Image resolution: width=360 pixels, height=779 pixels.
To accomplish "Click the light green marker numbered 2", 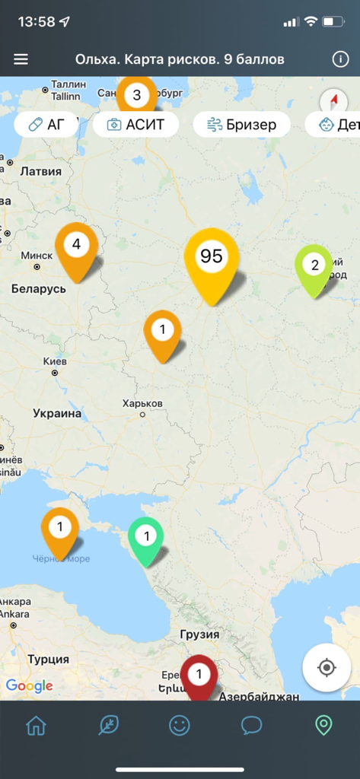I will pos(314,268).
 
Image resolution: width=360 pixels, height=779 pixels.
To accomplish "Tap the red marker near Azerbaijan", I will pos(199,676).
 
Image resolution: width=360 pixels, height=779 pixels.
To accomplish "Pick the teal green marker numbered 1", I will pos(146,539).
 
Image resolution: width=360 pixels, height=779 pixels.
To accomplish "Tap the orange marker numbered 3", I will pos(137,96).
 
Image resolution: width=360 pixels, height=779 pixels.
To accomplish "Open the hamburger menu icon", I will pos(21,59).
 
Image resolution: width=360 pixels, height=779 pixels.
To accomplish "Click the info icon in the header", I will pos(340,59).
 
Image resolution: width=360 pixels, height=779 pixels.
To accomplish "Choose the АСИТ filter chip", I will pos(135,125).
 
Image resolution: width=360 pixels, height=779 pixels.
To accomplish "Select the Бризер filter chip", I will pos(241,125).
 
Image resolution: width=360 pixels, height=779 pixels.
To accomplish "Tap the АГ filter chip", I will pos(46,125).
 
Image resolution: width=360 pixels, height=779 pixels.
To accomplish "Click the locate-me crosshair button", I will pos(327,668).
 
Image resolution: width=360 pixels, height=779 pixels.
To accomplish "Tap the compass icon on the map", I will pos(333,100).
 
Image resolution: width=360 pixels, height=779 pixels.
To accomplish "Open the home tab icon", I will pos(36,725).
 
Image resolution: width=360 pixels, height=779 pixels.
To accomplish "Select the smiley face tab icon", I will pos(180,725).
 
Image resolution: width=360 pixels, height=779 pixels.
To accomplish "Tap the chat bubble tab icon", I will pos(251,725).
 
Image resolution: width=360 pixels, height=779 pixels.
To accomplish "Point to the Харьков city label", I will pos(142,403).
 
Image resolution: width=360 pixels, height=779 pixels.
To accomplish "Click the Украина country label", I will pos(56,414).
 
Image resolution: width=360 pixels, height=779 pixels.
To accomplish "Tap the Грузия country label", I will pos(200,634).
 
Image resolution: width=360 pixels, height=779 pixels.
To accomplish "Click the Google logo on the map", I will pos(29,685).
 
